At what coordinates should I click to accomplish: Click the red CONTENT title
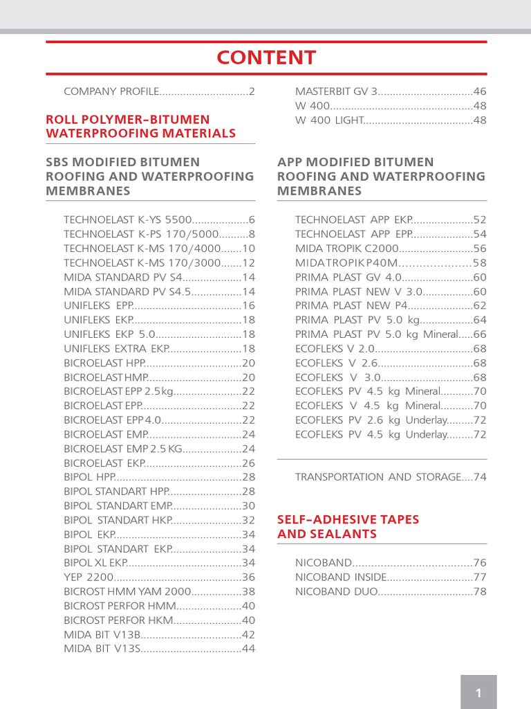pos(266,57)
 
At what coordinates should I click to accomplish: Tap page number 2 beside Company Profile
pos(252,91)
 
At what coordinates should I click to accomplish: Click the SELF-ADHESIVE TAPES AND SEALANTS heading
pos(348,526)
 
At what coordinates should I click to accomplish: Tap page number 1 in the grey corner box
pos(478,693)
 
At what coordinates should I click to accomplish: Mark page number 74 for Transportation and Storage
pos(480,476)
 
